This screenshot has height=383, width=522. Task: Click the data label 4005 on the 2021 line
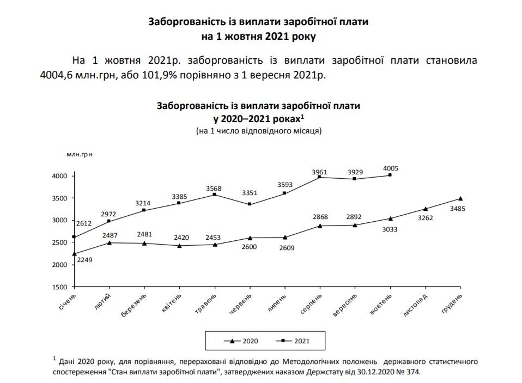[391, 168]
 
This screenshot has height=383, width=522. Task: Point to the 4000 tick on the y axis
[59, 176]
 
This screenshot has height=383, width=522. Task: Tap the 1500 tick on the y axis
[59, 287]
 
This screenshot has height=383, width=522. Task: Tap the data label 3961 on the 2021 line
[319, 172]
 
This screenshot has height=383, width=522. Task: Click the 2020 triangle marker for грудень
[460, 199]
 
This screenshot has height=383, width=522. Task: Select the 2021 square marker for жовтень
[390, 175]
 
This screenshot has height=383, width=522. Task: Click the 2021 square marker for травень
[215, 194]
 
